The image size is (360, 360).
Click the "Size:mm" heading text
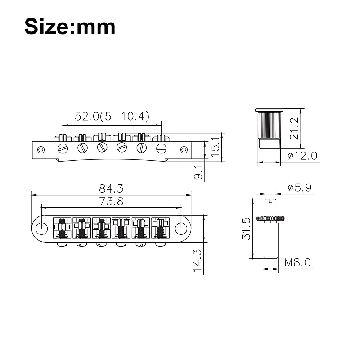pos(70,27)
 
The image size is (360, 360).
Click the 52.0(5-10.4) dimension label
pos(112,116)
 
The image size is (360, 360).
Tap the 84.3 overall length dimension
pos(111,189)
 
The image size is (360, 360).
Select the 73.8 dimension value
pos(111,201)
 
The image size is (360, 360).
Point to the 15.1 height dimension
pos(215,147)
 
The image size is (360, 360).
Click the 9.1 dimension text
pos(198,172)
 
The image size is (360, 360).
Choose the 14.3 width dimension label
pos(197,261)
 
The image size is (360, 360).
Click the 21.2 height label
pos(294,128)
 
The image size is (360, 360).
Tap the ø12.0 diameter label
pos(302,156)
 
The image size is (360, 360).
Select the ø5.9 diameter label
pos(300,188)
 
